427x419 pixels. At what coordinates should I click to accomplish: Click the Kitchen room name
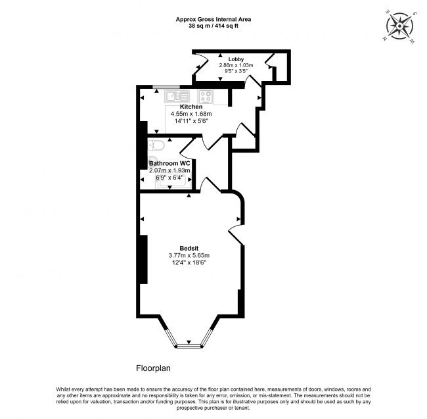click(191, 107)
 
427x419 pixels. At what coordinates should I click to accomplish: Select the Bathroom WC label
click(169, 162)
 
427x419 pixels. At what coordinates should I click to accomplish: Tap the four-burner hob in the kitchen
click(206, 97)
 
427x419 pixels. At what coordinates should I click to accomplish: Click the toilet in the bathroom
click(156, 146)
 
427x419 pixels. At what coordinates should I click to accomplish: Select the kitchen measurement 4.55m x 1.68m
click(191, 114)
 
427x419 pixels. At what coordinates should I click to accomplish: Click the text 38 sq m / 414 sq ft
click(213, 26)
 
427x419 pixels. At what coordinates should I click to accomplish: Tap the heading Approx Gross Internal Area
click(213, 19)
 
